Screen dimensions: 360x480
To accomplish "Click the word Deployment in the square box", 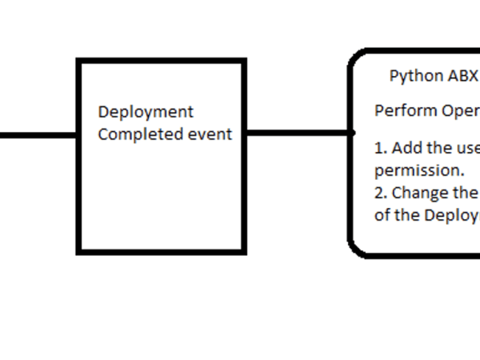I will coord(146,112).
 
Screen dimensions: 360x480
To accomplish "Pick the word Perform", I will coord(405,110).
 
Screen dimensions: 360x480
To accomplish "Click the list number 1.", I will coord(380,149).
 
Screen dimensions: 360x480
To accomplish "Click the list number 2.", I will coord(380,193).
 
